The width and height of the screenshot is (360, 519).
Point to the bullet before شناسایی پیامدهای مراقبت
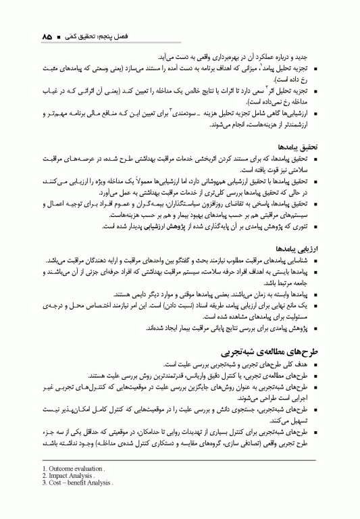click(315, 260)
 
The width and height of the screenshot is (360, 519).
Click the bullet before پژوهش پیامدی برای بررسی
click(315, 328)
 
